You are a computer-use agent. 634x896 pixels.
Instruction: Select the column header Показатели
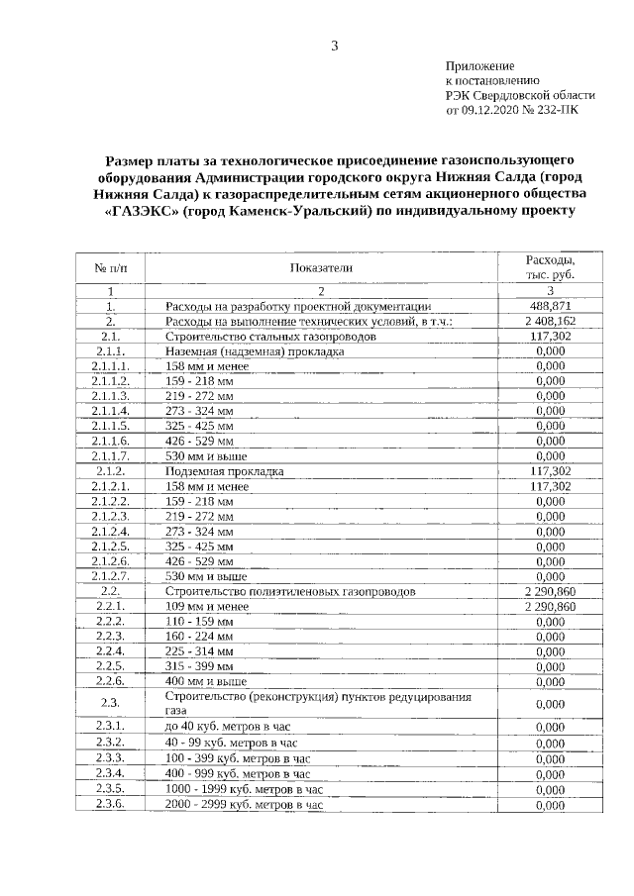pyautogui.click(x=321, y=267)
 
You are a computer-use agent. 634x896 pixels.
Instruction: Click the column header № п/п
pyautogui.click(x=110, y=267)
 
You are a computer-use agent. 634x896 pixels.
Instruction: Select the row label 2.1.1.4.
pyautogui.click(x=110, y=411)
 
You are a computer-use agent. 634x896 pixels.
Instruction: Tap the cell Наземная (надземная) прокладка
pyautogui.click(x=255, y=351)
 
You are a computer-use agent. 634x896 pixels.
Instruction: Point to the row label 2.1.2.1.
pyautogui.click(x=110, y=486)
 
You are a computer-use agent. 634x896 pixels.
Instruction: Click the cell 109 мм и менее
pyautogui.click(x=207, y=606)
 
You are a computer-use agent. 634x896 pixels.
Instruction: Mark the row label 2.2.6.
pyautogui.click(x=110, y=681)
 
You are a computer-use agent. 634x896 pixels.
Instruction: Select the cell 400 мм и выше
pyautogui.click(x=207, y=681)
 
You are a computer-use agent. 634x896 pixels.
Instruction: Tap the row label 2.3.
pyautogui.click(x=110, y=703)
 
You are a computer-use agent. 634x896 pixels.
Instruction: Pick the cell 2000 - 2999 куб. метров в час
pyautogui.click(x=245, y=806)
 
